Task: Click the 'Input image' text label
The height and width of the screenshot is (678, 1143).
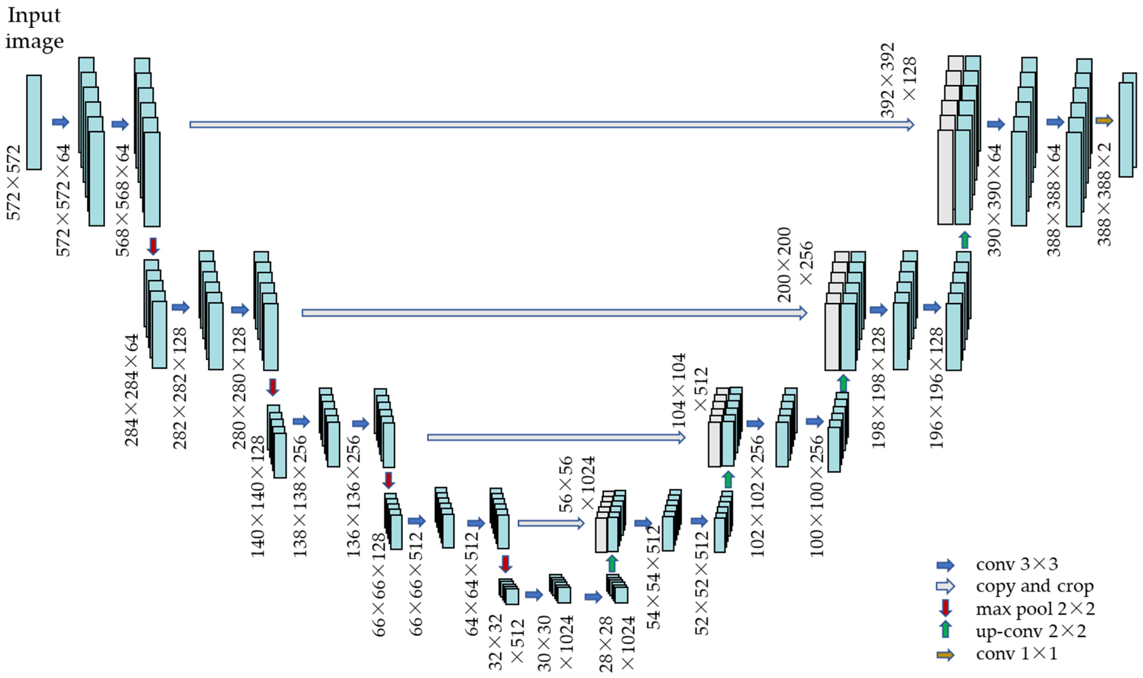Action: [34, 28]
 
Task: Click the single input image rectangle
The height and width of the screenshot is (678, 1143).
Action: [34, 122]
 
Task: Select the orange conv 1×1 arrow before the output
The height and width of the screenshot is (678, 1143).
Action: [1104, 121]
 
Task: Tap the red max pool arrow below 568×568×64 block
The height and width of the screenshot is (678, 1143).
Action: [153, 246]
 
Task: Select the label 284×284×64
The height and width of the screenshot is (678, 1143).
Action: [131, 390]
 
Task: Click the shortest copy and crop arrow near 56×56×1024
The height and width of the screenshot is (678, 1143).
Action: [551, 523]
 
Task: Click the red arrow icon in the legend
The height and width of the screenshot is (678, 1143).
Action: [945, 608]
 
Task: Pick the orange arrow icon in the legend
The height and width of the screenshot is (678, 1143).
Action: [945, 655]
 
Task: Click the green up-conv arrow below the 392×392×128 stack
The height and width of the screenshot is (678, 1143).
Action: [964, 239]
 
